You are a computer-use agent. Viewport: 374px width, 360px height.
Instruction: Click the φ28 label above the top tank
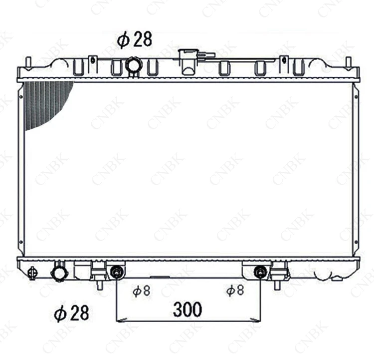coord(135,39)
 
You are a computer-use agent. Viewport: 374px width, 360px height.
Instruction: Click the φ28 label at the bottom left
coord(71,313)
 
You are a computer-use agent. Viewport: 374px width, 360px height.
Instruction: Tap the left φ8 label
coord(141,290)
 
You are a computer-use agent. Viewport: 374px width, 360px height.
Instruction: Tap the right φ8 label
coord(234,290)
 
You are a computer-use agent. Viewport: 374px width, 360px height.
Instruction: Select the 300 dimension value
coord(187,310)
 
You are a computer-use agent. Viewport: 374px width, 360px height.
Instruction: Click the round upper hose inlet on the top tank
coord(134,65)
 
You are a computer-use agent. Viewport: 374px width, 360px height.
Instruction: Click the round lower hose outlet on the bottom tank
coord(59,272)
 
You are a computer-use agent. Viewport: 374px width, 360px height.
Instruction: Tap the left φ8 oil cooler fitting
coord(117,272)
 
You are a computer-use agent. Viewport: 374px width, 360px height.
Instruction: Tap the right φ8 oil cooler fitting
coord(260,272)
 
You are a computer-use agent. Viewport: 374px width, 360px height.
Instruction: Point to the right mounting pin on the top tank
coord(348,62)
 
